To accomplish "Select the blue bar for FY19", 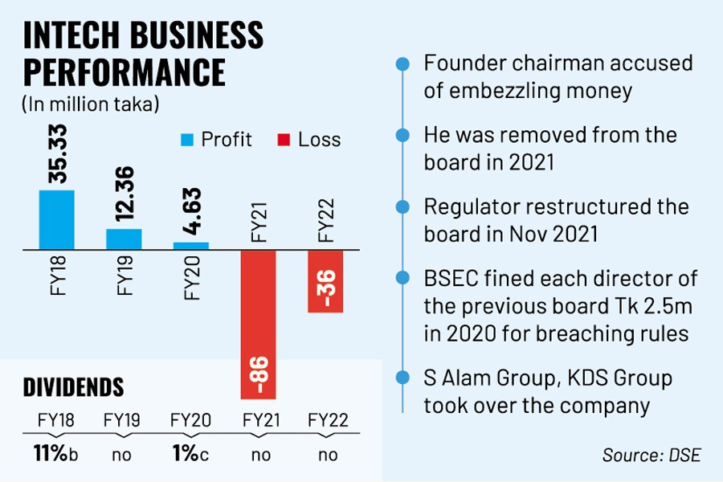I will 124,239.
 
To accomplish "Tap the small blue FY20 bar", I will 191,245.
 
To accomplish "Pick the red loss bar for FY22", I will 325,280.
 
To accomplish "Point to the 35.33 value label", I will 56,157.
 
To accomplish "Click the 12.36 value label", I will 124,196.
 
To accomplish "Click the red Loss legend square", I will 283,140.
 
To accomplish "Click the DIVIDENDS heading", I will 73,387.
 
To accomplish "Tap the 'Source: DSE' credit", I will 652,455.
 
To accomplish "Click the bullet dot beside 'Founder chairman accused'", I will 399,64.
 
